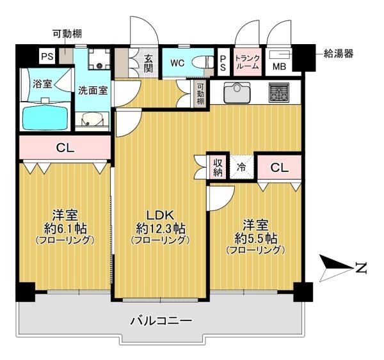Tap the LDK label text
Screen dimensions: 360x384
tap(161, 214)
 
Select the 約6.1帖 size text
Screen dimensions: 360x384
tap(65, 228)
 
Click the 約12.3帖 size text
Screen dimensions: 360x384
tap(161, 228)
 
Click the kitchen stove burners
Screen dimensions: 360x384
tap(279, 93)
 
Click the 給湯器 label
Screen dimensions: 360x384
tap(338, 54)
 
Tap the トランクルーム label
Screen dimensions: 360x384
tap(247, 61)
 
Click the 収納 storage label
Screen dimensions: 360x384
tap(217, 167)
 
